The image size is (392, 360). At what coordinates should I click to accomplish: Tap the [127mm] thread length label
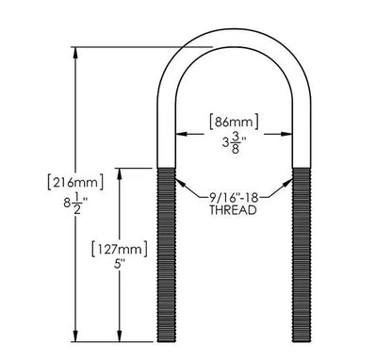(x=118, y=250)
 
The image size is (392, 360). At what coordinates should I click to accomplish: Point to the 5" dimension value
(x=118, y=269)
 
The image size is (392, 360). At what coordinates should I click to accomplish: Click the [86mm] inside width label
(x=233, y=122)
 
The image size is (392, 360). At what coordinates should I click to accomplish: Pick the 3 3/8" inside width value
(x=233, y=142)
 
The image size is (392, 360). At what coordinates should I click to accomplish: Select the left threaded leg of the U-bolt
(x=166, y=254)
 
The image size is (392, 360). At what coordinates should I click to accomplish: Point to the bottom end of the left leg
(x=166, y=340)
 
